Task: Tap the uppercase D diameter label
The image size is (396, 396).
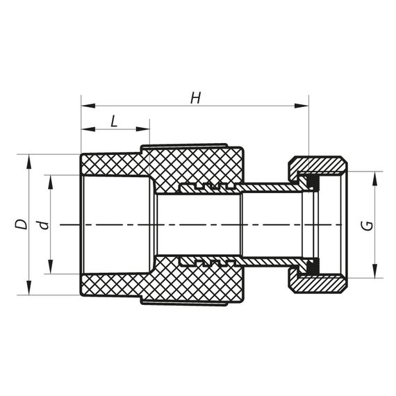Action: (22, 224)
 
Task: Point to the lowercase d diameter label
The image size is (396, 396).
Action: (43, 224)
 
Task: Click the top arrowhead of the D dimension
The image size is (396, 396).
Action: (28, 160)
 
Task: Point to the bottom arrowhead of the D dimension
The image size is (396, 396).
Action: (28, 288)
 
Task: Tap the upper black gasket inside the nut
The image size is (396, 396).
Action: (313, 183)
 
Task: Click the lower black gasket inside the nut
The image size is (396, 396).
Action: (313, 266)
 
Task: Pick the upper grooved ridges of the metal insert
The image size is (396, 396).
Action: (204, 187)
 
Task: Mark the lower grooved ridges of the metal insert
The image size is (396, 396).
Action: (204, 262)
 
